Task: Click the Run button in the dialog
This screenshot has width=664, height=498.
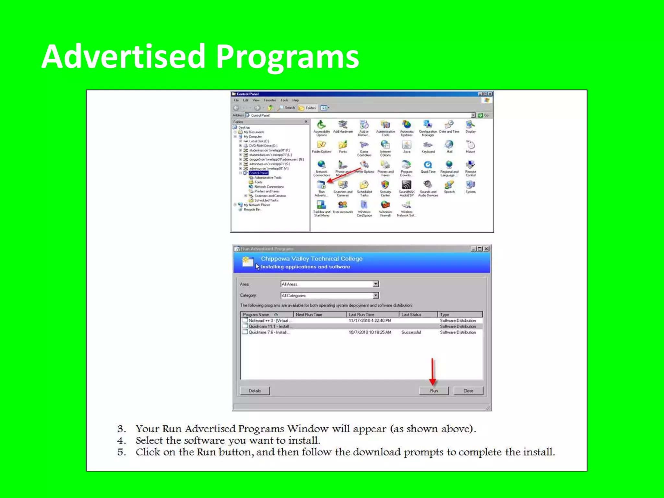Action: click(x=433, y=391)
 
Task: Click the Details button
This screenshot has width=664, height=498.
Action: click(x=255, y=391)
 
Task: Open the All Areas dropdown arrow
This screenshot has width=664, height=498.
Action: click(x=375, y=284)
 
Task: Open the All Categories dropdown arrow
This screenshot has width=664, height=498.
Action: click(x=375, y=295)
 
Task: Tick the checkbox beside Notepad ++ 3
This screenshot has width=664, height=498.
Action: click(x=245, y=320)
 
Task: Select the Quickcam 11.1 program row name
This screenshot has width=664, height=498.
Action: click(x=268, y=326)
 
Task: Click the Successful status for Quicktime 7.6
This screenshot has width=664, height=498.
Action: click(x=411, y=332)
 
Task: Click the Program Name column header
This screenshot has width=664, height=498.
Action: click(x=256, y=314)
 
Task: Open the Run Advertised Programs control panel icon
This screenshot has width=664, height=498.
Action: click(x=321, y=185)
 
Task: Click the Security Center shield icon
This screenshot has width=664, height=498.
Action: click(x=385, y=185)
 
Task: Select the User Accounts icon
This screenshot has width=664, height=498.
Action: click(x=343, y=205)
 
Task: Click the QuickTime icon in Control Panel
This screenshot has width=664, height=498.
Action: click(x=428, y=165)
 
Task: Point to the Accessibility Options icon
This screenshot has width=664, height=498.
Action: click(x=321, y=125)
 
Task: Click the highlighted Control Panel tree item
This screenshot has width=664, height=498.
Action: click(x=258, y=173)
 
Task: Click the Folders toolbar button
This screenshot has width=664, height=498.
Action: click(x=307, y=108)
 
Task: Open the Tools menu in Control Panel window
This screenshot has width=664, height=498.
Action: click(x=284, y=100)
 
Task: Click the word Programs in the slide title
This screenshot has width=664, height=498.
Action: click(x=287, y=57)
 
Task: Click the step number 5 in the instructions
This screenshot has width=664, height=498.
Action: click(x=121, y=452)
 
